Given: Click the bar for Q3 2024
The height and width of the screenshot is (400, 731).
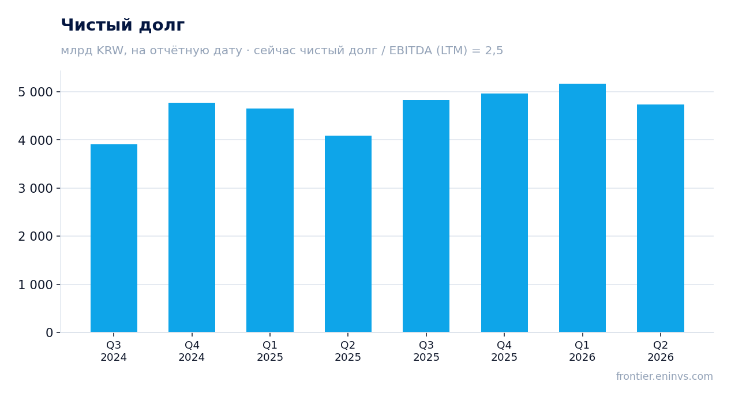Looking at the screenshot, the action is pos(114,238).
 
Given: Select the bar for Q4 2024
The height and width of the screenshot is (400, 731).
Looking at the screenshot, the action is pos(192,218).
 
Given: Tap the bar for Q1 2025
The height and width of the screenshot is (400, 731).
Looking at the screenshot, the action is pos(270,220).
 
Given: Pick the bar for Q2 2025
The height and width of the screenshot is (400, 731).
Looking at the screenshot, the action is pos(348,234).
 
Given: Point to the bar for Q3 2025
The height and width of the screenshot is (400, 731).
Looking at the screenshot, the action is pos(426,216).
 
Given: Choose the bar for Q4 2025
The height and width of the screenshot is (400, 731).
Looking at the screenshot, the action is pos(504,213).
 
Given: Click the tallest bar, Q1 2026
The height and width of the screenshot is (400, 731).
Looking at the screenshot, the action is pos(582,208).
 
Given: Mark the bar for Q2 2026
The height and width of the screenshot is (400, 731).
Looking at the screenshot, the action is pos(661,218).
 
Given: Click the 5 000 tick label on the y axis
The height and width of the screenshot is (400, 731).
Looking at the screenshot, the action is pos(35,92).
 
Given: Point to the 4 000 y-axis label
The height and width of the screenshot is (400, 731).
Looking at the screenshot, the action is pos(35,140).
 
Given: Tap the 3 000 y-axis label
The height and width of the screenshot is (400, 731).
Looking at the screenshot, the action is pos(35,189).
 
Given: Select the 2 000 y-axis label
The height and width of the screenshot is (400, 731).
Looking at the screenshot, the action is pos(35,237).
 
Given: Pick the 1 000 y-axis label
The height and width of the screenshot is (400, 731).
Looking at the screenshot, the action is pos(35,285).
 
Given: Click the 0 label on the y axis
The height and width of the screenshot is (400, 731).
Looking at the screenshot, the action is pos(49,333).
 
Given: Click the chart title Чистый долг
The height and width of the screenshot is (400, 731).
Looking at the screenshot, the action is pos(123,25).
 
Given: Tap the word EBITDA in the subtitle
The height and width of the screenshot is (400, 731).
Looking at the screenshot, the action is pos(411,51).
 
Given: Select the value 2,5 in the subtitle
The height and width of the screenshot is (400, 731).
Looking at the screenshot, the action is pos(494,51).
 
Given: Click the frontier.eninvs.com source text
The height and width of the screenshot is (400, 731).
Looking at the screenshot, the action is pos(665,376).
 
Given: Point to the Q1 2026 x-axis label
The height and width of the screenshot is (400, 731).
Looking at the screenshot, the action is pos(582,352).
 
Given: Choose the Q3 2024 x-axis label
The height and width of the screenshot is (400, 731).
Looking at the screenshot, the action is pos(114,352).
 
